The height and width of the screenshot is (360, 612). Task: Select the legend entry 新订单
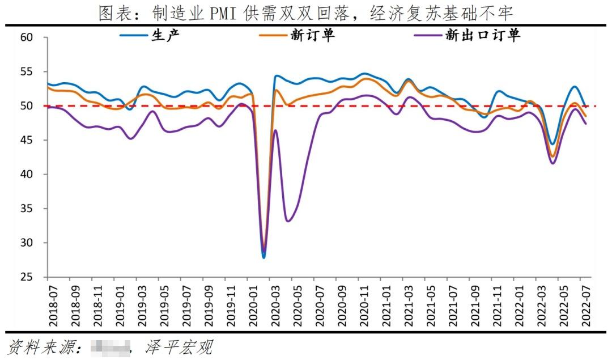tap(312, 35)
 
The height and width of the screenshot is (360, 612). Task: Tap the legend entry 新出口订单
tap(482, 35)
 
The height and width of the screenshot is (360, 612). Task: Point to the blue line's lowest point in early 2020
tap(263, 257)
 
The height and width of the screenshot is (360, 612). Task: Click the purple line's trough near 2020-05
tap(288, 221)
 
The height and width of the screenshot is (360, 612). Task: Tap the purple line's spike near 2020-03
tap(275, 130)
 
